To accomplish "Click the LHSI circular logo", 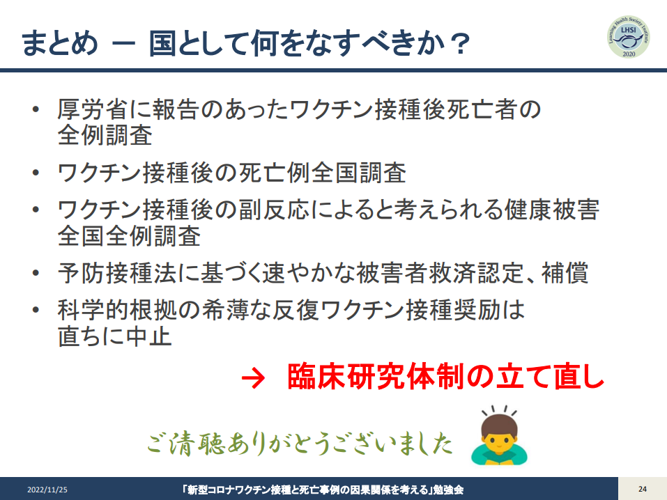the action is (x=629, y=37).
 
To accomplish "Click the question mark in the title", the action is (x=460, y=44).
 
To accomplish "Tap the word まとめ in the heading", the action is (x=59, y=43).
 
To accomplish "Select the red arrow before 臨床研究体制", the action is (x=253, y=377).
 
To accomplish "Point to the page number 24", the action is (x=643, y=489).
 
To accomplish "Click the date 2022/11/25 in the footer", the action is (x=47, y=490).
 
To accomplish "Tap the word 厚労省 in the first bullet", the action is (x=93, y=109).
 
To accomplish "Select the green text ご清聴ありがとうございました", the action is (x=300, y=444).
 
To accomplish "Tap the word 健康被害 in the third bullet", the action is (x=552, y=210).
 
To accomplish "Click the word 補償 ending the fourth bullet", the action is (x=565, y=273).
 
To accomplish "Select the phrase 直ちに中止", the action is (x=115, y=336).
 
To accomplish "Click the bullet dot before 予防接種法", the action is (x=36, y=274).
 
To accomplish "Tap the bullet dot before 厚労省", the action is (x=36, y=110).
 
